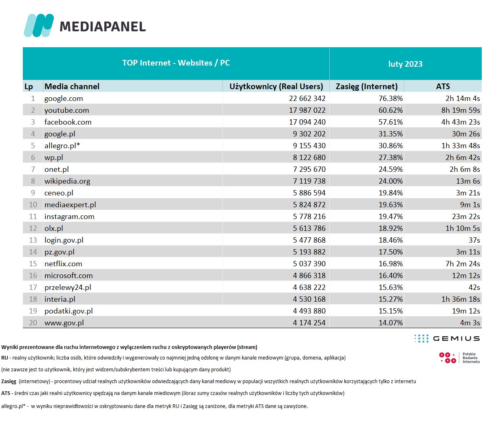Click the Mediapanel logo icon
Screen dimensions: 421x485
tap(39, 25)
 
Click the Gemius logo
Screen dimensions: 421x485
tap(447, 338)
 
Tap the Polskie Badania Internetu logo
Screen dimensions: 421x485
tap(459, 358)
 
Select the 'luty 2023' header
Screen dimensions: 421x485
tap(405, 64)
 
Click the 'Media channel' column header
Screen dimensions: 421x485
tap(72, 86)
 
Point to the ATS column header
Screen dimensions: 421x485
tap(443, 86)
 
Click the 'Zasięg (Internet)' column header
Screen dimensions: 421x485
tap(366, 86)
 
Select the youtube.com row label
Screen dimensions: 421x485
tap(66, 110)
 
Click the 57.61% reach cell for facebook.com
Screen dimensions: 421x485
tap(390, 122)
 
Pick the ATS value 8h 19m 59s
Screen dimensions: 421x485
tap(460, 110)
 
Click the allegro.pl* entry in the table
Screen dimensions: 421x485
tap(62, 146)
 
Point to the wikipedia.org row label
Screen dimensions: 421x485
tap(67, 181)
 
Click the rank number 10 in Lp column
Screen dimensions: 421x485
tap(33, 205)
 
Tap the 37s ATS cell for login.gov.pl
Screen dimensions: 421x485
tap(474, 240)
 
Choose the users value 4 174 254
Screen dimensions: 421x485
tap(309, 323)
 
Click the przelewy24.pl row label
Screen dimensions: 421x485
tap(68, 287)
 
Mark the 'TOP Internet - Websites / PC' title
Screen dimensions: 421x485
tap(176, 63)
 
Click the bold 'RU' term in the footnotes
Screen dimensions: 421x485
tap(4, 358)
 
